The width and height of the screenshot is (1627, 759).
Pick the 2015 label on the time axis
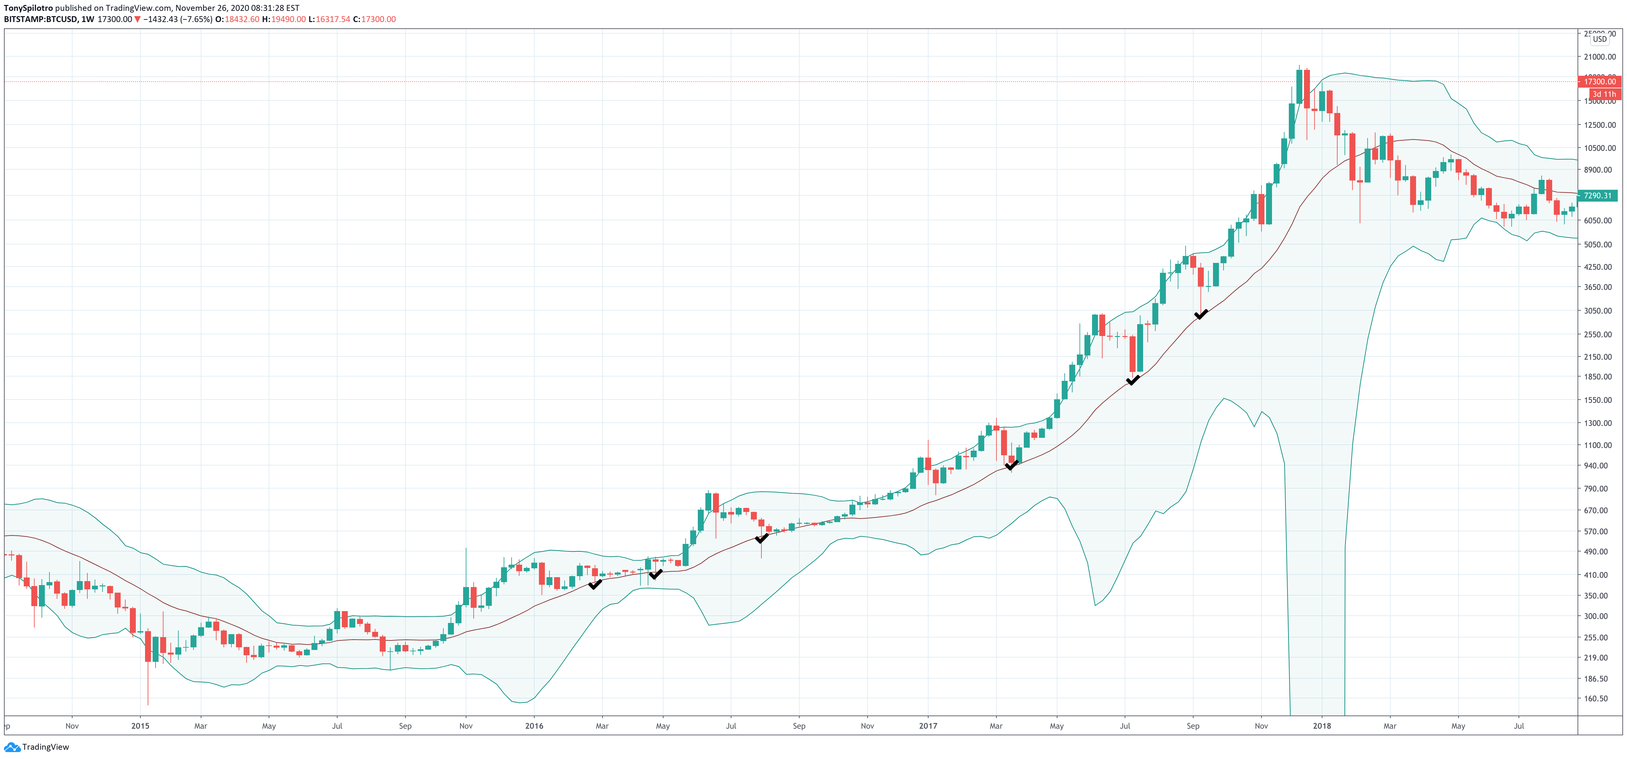pyautogui.click(x=140, y=726)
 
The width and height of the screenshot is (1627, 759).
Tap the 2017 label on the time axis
pyautogui.click(x=928, y=726)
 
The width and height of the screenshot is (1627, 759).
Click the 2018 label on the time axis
pyautogui.click(x=1321, y=726)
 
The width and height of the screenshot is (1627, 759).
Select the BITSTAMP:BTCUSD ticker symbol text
pyautogui.click(x=41, y=19)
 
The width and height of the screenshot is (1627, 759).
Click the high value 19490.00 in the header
pyautogui.click(x=288, y=19)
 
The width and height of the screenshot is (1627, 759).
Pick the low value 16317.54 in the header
pyautogui.click(x=333, y=19)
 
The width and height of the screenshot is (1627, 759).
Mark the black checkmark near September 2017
pyautogui.click(x=1201, y=314)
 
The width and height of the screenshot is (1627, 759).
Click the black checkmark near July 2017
pyautogui.click(x=1133, y=380)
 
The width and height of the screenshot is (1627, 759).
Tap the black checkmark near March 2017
pyautogui.click(x=1011, y=465)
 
